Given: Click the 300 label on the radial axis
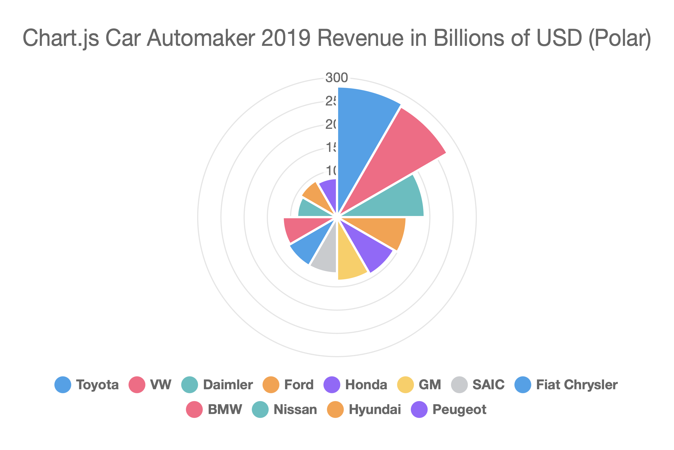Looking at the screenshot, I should pos(337,78).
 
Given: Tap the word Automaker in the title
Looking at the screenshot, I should pos(201,38).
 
